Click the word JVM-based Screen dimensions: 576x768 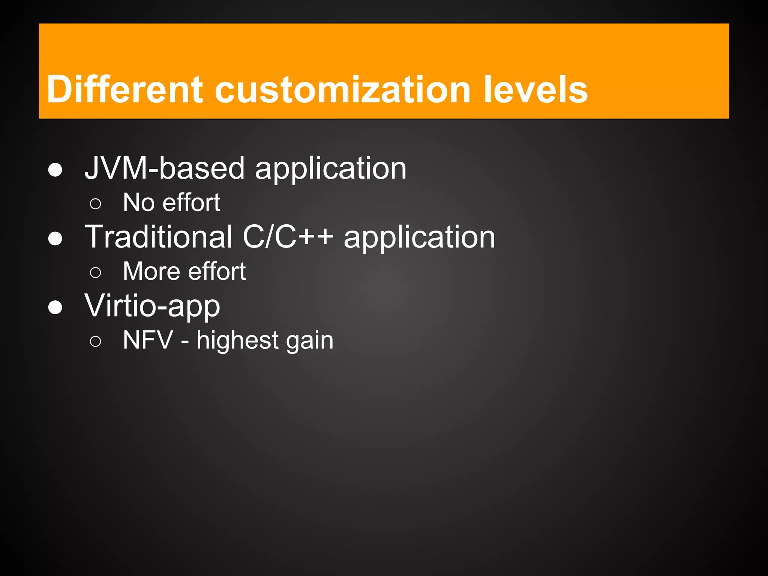(165, 168)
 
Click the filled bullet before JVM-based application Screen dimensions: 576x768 (55, 170)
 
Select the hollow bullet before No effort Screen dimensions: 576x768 (96, 204)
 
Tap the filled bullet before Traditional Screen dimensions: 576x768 (55, 238)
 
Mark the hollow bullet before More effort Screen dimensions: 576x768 (96, 273)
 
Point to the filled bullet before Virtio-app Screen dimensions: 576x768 (55, 307)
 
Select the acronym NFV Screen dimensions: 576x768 (148, 340)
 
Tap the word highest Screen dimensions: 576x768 (237, 340)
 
